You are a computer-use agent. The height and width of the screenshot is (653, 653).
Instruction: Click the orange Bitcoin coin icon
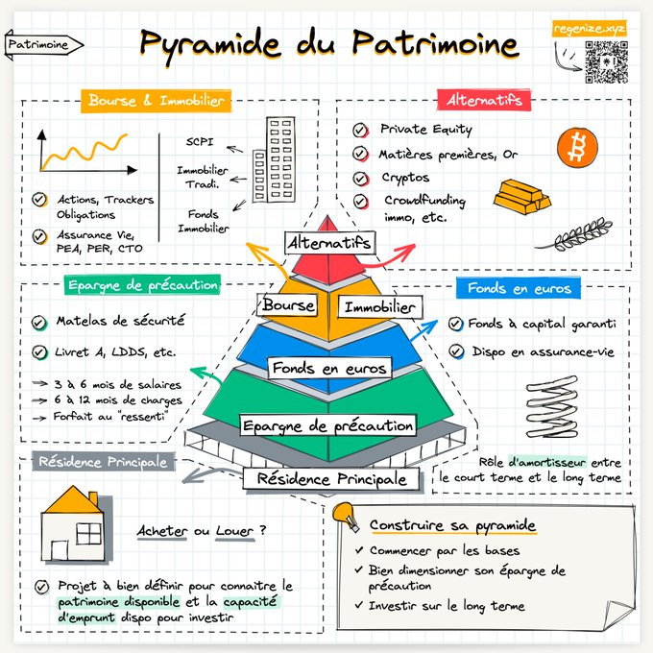(577, 148)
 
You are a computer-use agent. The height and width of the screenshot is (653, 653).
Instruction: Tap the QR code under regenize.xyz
(606, 62)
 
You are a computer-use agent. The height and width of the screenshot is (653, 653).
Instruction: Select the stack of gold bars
(522, 197)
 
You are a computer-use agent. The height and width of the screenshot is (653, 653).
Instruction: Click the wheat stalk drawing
(574, 235)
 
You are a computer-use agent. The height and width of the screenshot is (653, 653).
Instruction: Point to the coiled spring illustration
(552, 407)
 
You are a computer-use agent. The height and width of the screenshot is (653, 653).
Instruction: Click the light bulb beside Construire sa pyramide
(346, 516)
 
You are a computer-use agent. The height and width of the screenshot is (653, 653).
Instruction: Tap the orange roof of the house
(74, 499)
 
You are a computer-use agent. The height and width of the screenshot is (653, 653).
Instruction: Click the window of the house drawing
(88, 534)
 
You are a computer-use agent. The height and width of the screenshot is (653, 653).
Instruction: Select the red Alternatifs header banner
(484, 100)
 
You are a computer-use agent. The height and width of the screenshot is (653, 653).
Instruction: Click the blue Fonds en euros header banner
(519, 288)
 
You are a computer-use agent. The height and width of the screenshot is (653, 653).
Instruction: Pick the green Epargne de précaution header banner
(142, 285)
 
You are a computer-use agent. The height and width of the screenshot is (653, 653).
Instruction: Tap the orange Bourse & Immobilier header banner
(156, 101)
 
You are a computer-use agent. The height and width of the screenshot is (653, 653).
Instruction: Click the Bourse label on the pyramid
(288, 304)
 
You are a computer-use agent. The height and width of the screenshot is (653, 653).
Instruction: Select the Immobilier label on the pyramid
(380, 307)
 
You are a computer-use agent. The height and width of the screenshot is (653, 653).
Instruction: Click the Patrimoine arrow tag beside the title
(44, 45)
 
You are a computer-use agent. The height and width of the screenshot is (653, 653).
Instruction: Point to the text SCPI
(200, 141)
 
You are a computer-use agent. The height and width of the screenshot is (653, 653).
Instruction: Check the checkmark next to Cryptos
(360, 179)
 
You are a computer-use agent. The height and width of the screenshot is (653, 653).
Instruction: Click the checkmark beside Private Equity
(360, 131)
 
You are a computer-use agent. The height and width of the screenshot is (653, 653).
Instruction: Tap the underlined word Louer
(234, 531)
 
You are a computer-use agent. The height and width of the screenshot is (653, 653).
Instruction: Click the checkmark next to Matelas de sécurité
(38, 323)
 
